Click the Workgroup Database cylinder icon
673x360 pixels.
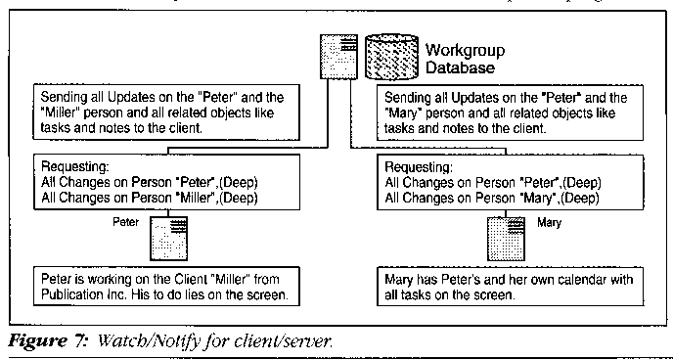click(391, 56)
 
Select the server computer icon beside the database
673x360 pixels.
click(338, 56)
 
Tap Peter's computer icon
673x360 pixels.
click(168, 239)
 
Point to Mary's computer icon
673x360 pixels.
click(506, 239)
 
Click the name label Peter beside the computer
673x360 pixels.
click(126, 222)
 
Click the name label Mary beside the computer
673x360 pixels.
click(549, 223)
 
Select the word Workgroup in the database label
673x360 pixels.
click(465, 50)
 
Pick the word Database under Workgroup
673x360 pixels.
click(459, 67)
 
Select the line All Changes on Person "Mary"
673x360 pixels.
click(487, 200)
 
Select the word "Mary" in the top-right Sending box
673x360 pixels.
click(400, 113)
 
